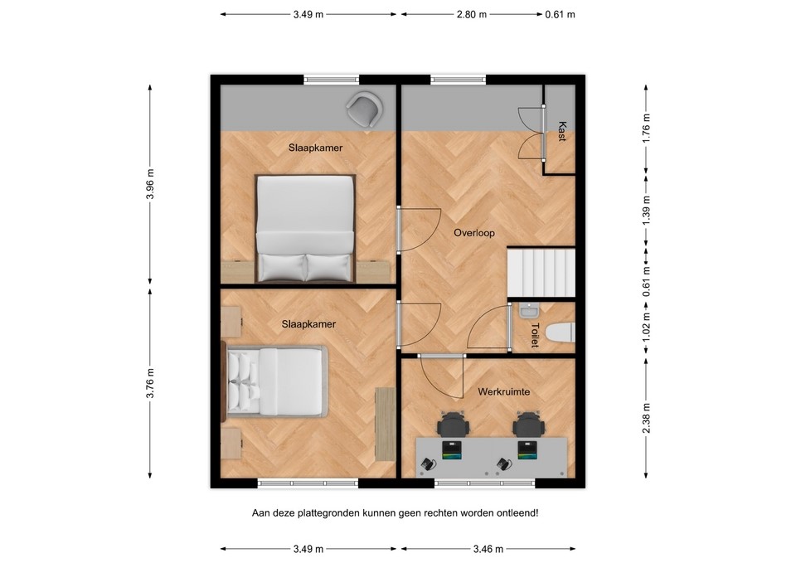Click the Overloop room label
473,233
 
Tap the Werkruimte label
503,390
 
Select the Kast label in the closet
561,132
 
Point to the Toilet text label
535,335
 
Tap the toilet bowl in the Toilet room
561,332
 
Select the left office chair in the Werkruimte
453,425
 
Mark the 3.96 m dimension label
150,184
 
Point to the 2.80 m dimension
472,14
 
